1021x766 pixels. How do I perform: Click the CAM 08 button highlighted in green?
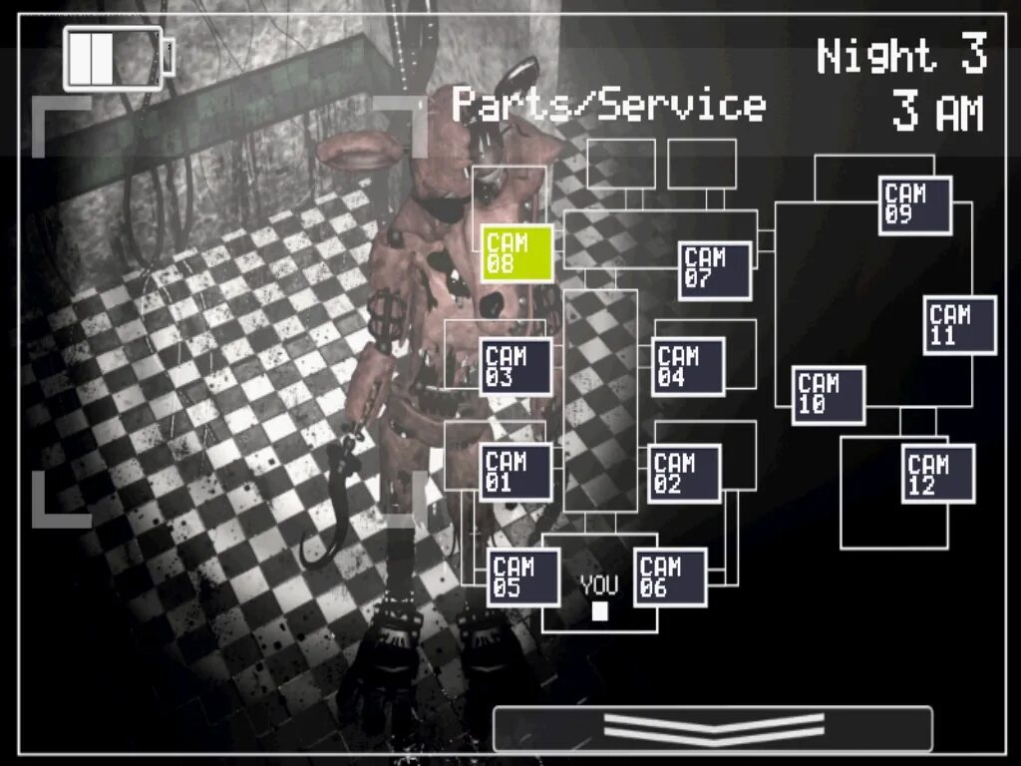pyautogui.click(x=517, y=252)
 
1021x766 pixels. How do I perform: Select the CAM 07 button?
pyautogui.click(x=715, y=270)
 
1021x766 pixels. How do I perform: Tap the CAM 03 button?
pyautogui.click(x=516, y=366)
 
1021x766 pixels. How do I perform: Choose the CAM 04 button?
pyautogui.click(x=688, y=366)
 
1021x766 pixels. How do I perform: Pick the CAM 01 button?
pyautogui.click(x=516, y=472)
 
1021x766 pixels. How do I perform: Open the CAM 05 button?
pyautogui.click(x=523, y=576)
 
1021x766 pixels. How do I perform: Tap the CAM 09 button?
pyautogui.click(x=914, y=205)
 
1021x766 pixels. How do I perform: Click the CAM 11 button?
pyautogui.click(x=959, y=325)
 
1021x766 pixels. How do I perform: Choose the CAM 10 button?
pyautogui.click(x=829, y=395)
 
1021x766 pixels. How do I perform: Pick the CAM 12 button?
pyautogui.click(x=938, y=474)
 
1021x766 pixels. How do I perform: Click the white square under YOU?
pyautogui.click(x=599, y=610)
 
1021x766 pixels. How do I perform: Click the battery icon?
pyautogui.click(x=117, y=58)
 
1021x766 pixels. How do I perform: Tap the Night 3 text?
pyautogui.click(x=901, y=56)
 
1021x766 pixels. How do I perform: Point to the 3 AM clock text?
pyautogui.click(x=936, y=113)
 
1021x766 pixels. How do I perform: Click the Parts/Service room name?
pyautogui.click(x=608, y=105)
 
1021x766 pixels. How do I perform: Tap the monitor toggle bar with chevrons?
pyautogui.click(x=713, y=728)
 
